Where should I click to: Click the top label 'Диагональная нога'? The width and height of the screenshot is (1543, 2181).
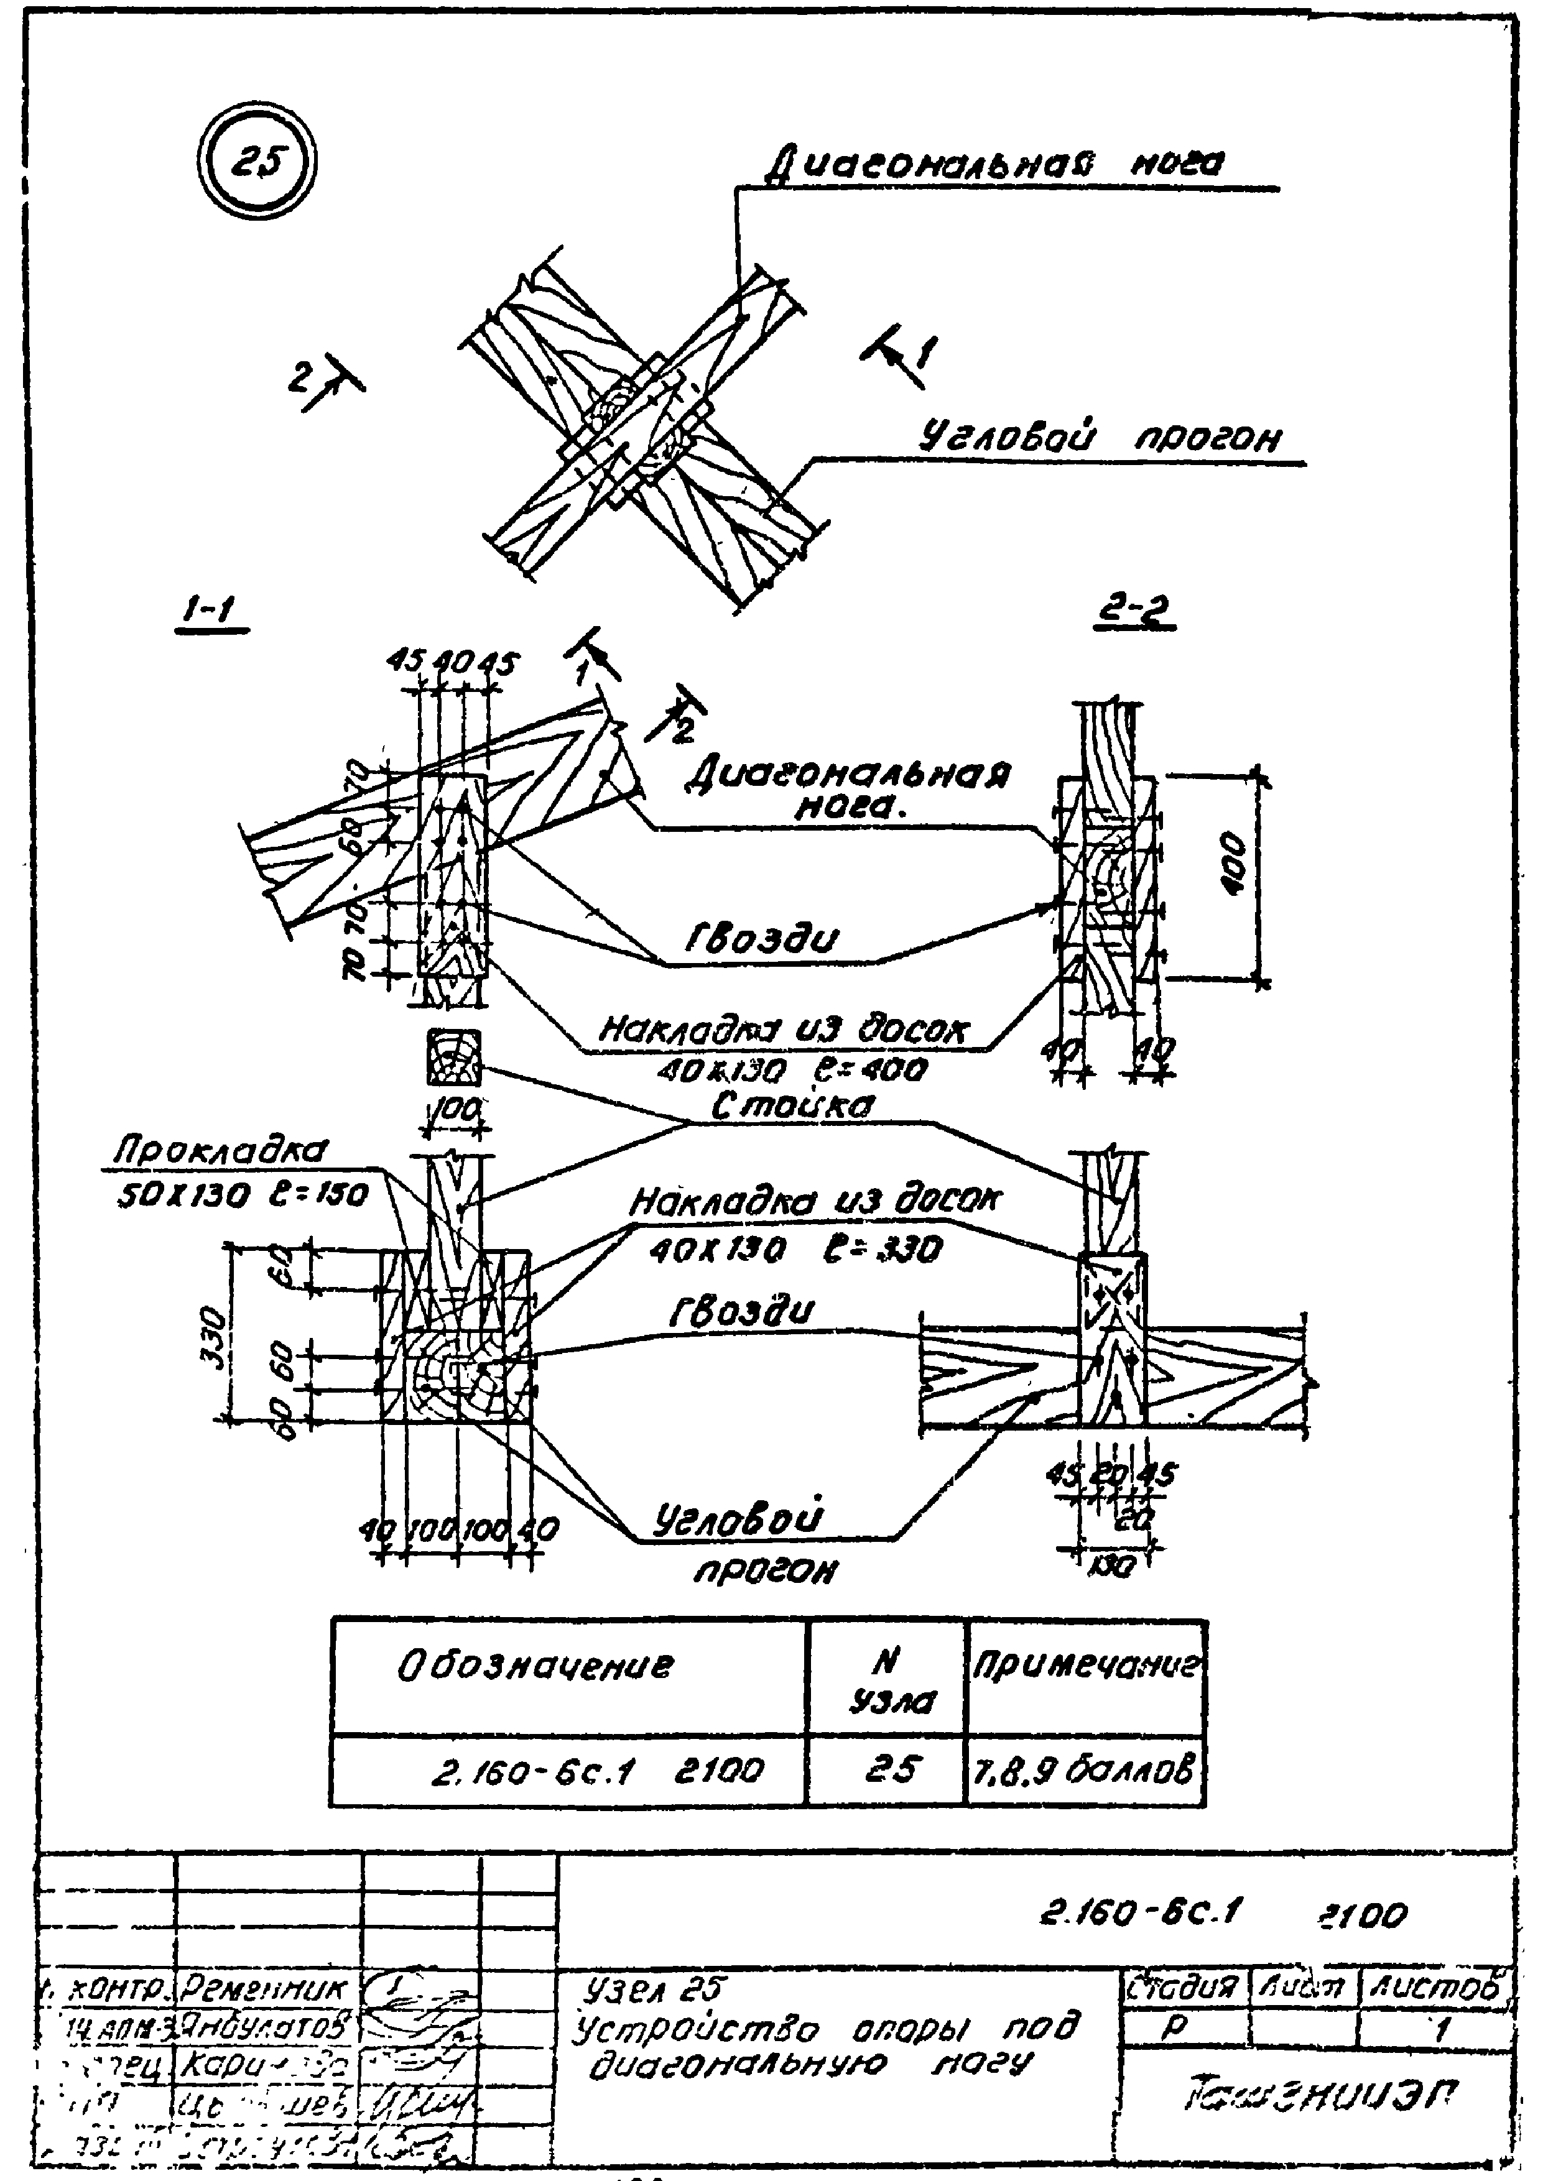[x=995, y=164]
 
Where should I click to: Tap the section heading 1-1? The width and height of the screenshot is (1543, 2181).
[x=211, y=612]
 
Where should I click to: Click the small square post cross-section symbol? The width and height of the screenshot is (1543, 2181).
[x=454, y=1056]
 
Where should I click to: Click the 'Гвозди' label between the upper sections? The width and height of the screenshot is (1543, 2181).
[x=762, y=939]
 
